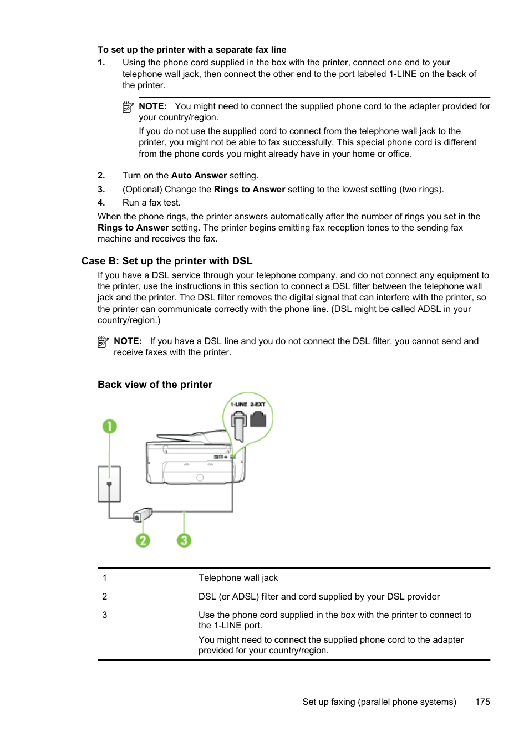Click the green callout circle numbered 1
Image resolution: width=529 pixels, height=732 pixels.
[x=110, y=426]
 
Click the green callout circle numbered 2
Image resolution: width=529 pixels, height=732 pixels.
[x=143, y=540]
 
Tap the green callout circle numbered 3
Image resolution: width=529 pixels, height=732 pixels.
[x=184, y=540]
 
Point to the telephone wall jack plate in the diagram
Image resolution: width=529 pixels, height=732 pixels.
[x=109, y=484]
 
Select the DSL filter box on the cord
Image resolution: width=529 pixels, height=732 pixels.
[x=143, y=515]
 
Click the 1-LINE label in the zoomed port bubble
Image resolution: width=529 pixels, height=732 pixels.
[x=238, y=405]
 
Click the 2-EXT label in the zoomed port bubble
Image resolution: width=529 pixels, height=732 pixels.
[x=258, y=405]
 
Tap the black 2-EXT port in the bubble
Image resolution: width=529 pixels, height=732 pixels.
[x=258, y=419]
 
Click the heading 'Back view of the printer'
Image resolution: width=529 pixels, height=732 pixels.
[x=155, y=385]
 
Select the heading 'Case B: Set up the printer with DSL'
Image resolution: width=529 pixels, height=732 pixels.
[x=167, y=261]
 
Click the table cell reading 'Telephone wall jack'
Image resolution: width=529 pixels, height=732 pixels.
[x=238, y=577]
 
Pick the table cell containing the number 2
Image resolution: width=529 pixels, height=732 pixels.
[x=105, y=596]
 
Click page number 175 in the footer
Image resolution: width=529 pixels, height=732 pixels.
[x=482, y=702]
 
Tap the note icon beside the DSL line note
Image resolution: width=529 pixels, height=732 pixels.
[x=103, y=342]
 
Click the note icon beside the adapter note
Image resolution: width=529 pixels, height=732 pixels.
[x=128, y=107]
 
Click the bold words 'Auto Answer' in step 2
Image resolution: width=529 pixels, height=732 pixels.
[x=199, y=176]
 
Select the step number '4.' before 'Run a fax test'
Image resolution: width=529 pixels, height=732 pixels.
[x=101, y=203]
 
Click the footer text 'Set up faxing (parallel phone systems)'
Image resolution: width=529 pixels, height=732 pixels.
[x=379, y=702]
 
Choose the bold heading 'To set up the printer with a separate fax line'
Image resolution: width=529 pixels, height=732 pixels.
[x=192, y=50]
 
